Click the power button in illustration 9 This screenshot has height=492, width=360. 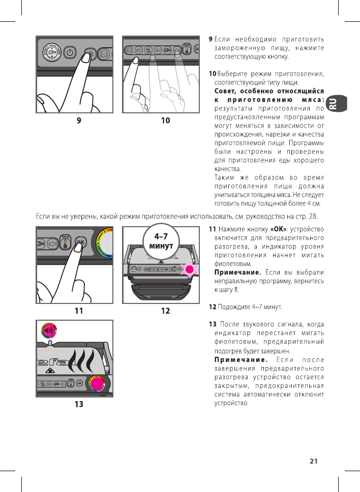70,52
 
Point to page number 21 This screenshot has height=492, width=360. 313,461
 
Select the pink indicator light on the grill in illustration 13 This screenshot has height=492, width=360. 97,383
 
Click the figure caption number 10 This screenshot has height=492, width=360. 165,120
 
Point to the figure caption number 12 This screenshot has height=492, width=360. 165,311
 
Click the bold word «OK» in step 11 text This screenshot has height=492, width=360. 279,229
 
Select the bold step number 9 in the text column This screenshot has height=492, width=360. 211,39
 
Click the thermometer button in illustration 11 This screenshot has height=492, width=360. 65,242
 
